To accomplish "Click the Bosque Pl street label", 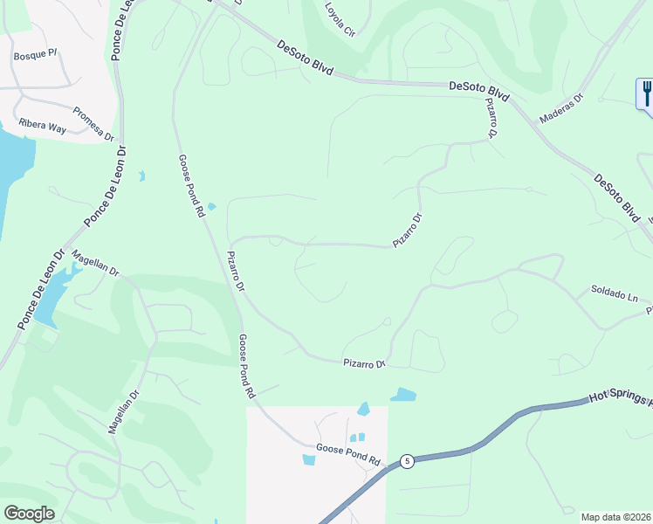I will click(35, 55).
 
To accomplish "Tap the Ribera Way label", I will click(45, 128).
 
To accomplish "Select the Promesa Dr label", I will click(93, 123).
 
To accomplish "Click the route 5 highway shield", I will click(406, 460).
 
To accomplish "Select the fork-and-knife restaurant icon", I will click(646, 93).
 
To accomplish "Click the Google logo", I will click(29, 514).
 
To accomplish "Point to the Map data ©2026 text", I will click(615, 517).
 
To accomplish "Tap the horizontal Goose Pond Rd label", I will click(349, 451).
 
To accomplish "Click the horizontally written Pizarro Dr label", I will click(363, 362).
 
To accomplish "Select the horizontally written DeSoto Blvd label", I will click(478, 88).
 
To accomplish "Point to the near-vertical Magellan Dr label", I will click(123, 412).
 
